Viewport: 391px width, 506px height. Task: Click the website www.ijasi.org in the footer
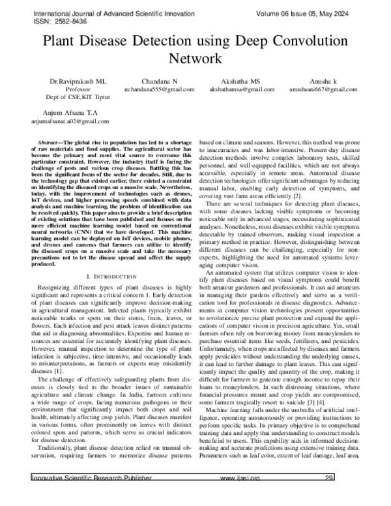click(240, 496)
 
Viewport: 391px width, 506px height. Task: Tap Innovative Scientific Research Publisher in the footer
click(92, 496)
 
